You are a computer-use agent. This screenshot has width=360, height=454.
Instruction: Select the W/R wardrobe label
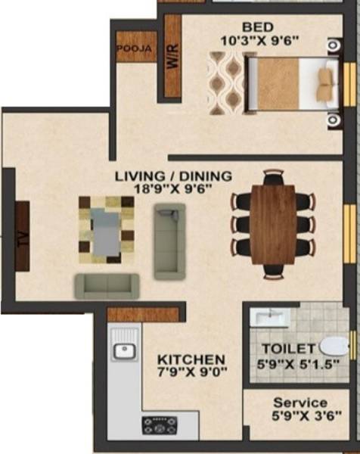click(172, 58)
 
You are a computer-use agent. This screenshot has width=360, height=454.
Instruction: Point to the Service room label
click(300, 403)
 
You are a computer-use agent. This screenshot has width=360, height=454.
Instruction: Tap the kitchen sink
click(123, 350)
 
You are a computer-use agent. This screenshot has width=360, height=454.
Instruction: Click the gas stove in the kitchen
click(160, 425)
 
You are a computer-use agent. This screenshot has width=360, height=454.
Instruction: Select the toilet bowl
click(334, 347)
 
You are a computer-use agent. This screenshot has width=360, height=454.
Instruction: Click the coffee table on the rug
click(106, 228)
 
